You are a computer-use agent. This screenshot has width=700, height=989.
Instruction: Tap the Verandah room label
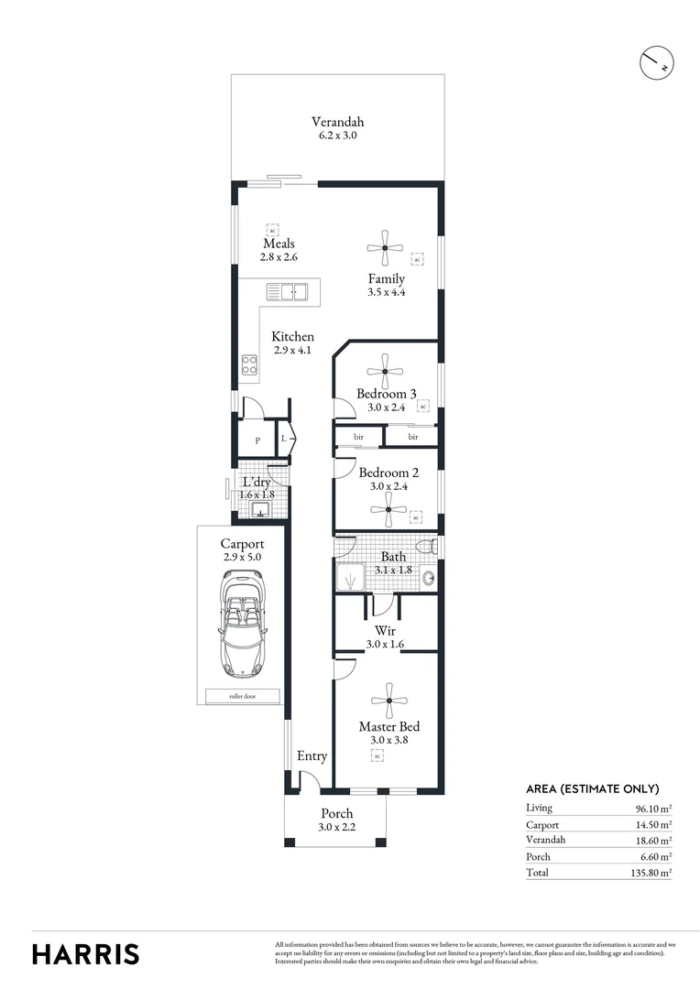337,122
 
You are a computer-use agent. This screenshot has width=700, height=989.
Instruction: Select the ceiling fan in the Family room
385,246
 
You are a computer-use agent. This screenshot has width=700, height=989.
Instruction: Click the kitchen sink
287,292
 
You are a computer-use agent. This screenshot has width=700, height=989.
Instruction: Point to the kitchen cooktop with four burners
249,364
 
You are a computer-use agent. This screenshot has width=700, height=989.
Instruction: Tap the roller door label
243,696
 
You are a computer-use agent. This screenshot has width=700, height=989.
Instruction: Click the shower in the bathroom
350,578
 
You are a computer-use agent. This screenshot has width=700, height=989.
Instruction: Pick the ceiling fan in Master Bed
390,701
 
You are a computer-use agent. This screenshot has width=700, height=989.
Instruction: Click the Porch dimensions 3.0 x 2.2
336,828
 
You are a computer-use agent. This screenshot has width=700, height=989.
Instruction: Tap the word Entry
312,756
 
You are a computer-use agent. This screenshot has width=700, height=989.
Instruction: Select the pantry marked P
257,440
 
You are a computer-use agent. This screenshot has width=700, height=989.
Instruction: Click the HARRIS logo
86,954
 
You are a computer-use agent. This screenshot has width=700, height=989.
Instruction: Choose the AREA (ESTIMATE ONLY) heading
592,788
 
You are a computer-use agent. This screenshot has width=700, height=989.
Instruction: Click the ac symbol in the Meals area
272,229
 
